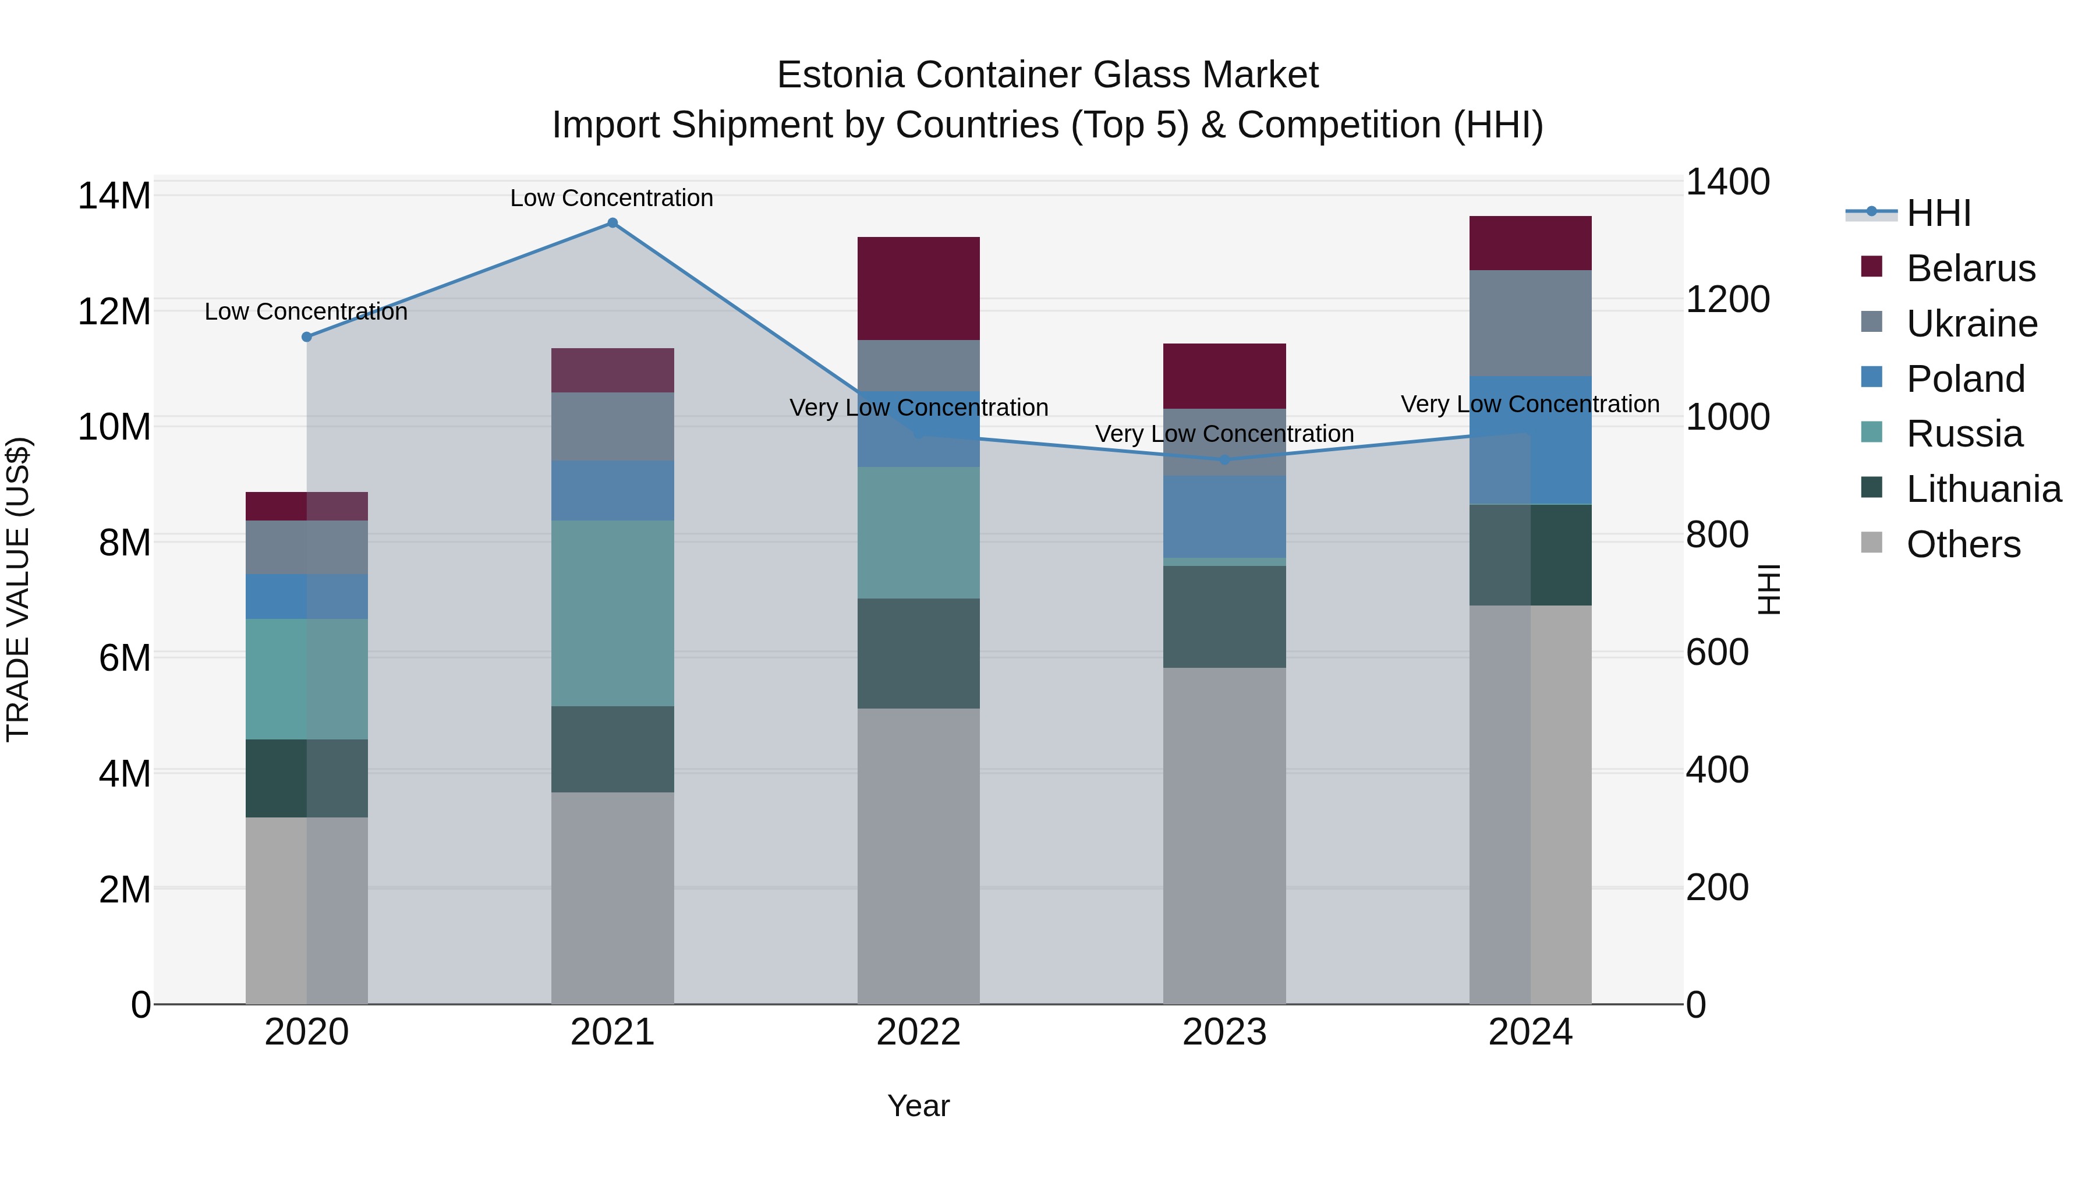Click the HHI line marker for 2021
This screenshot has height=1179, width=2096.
click(x=612, y=223)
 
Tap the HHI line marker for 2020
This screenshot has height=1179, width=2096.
click(x=307, y=337)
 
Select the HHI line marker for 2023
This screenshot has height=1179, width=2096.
click(x=1224, y=460)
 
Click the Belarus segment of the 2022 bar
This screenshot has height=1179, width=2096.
click(x=919, y=288)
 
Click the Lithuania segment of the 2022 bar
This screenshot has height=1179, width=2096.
click(x=919, y=653)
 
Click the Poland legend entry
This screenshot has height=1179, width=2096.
click(x=1965, y=379)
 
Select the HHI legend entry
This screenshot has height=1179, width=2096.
click(x=1938, y=213)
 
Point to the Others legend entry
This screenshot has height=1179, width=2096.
click(x=1963, y=544)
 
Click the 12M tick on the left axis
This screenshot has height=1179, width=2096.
click(x=114, y=311)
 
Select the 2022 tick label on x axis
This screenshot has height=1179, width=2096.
click(x=919, y=1032)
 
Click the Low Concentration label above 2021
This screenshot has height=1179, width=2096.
click(x=612, y=198)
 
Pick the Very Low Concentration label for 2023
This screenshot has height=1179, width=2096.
click(x=1224, y=434)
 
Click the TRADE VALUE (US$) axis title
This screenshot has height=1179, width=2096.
click(x=18, y=589)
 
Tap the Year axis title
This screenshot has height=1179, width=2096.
click(x=919, y=1106)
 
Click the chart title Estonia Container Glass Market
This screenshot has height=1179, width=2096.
click(x=1047, y=75)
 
